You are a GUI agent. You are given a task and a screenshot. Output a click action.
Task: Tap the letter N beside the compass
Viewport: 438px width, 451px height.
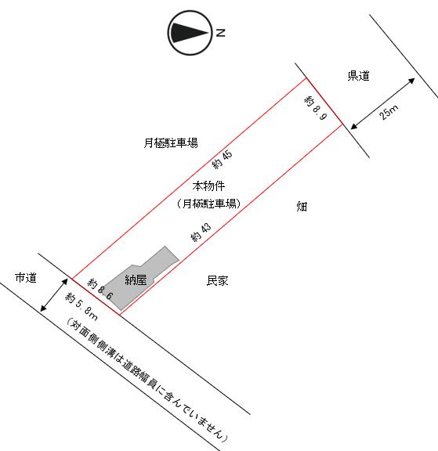pos(220,33)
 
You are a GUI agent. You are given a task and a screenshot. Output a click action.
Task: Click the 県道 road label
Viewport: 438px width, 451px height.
pos(358,76)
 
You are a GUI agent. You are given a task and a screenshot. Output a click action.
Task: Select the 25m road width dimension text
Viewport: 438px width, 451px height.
pos(389,112)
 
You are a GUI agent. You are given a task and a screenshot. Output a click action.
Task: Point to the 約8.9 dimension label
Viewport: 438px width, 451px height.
pos(316,108)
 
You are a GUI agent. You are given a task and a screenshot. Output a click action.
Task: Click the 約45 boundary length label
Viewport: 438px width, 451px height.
pos(222,160)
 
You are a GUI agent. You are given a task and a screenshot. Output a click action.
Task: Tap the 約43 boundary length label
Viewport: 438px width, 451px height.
pos(201,232)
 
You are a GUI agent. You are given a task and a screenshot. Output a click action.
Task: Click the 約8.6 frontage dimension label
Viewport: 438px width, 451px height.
pos(100,289)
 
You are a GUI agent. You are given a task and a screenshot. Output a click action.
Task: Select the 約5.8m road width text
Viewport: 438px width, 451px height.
pos(81,306)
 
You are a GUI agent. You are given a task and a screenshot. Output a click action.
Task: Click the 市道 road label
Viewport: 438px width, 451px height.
pos(26,278)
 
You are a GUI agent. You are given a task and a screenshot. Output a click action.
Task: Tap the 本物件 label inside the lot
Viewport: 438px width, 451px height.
pos(208,186)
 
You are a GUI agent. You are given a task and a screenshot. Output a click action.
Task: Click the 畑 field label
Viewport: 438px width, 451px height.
pos(302,207)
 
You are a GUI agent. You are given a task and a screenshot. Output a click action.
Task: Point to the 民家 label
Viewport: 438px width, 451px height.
pos(217,281)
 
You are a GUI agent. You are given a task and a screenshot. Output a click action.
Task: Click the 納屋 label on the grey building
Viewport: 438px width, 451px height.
pos(136,280)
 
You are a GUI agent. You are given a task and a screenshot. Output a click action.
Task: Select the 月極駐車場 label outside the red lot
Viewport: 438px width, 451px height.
pos(171,143)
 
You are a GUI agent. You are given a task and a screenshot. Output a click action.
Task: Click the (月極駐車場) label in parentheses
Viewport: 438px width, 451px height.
pos(208,204)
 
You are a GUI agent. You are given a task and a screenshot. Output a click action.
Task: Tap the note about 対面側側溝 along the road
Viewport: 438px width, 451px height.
pos(147,380)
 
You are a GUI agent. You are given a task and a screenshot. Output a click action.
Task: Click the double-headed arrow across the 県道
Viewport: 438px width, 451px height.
pos(382,103)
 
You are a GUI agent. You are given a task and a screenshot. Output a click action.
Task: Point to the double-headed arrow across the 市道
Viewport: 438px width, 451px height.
pos(54,295)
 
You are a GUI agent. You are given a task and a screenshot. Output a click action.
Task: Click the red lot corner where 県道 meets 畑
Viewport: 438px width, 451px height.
pos(342,124)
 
